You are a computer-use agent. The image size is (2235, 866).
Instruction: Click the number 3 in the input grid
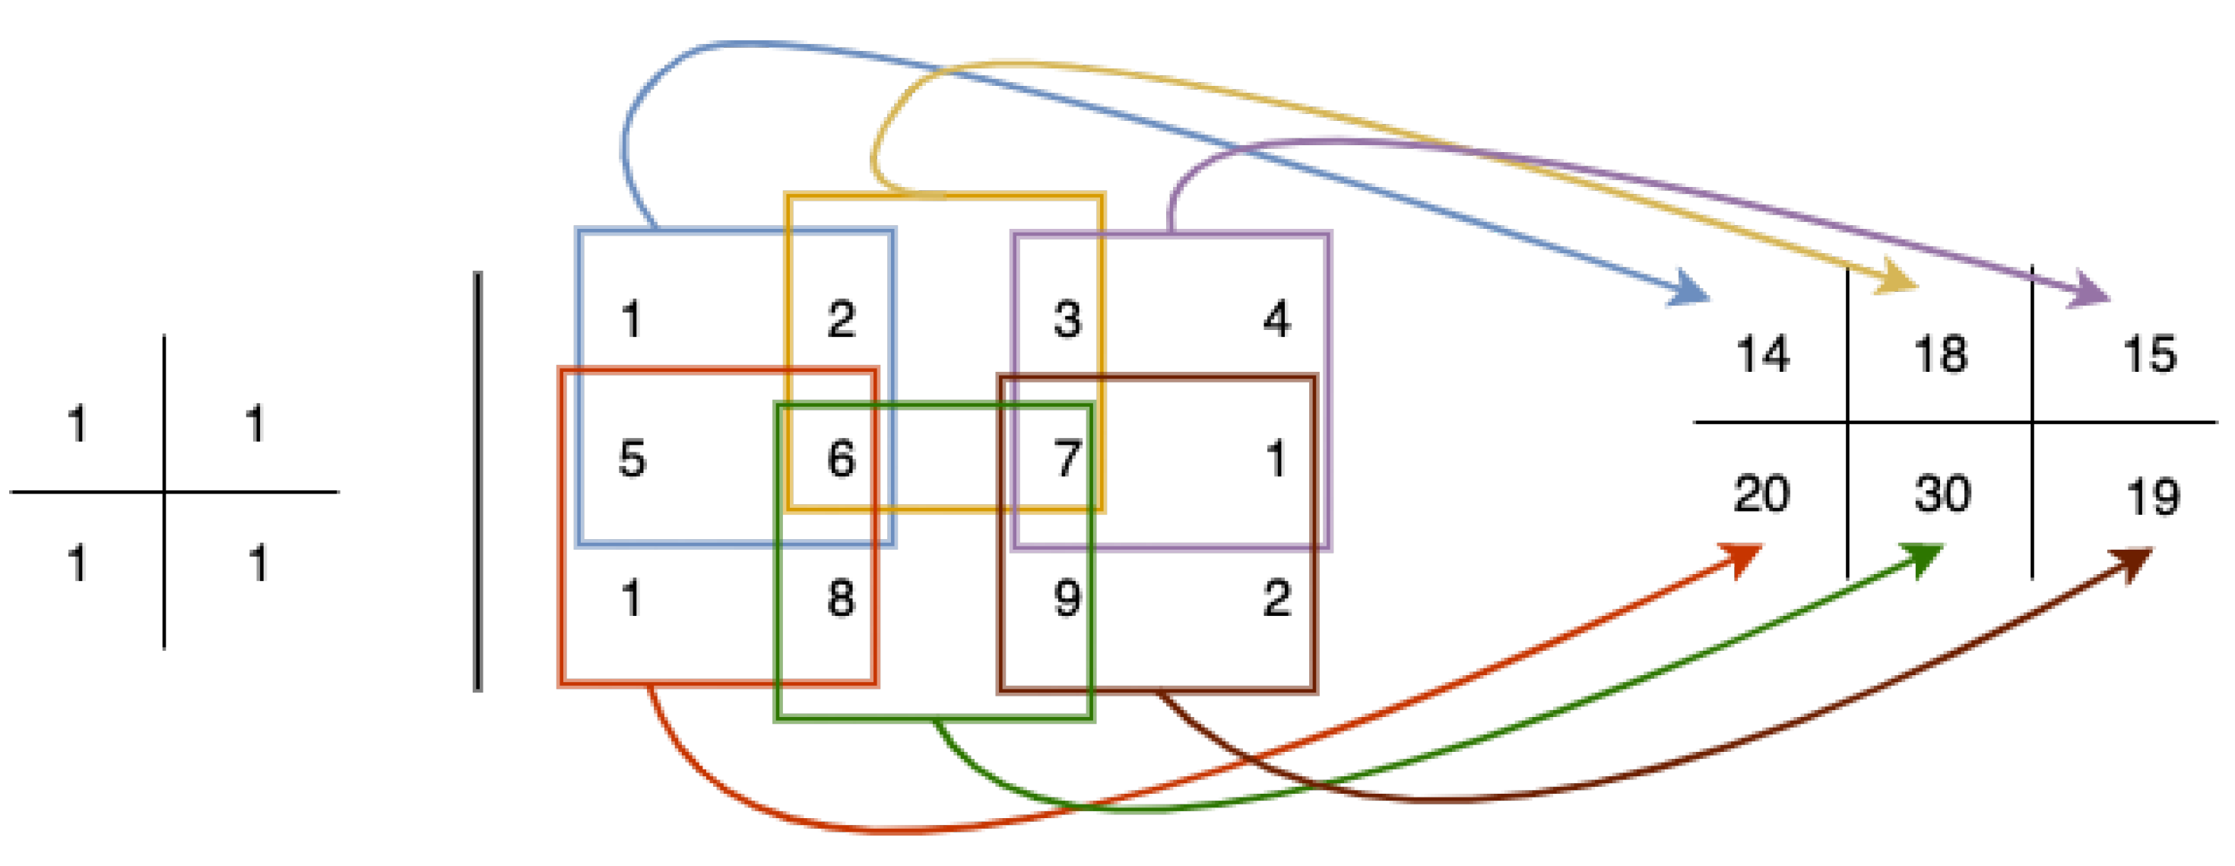coord(1067,319)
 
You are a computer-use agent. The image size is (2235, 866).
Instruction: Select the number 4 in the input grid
coord(1276,319)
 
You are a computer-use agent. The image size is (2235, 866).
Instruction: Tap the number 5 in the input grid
coord(632,458)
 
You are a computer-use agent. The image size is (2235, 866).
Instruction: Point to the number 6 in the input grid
coord(841,458)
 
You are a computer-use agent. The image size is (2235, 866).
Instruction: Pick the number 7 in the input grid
coord(1067,458)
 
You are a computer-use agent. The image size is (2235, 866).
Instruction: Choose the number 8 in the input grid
coord(841,598)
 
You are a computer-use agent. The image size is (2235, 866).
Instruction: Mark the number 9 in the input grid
coord(1067,598)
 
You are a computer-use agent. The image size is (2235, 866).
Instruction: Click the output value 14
coord(1763,355)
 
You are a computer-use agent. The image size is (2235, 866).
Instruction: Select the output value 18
coord(1941,355)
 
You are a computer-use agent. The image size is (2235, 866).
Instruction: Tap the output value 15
coord(2150,355)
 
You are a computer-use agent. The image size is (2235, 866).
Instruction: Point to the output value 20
coord(1761,493)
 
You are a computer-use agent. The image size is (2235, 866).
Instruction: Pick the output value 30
coord(1942,493)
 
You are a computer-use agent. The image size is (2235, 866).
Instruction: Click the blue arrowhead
coord(1690,290)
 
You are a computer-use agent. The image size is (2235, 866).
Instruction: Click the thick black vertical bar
coord(478,481)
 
